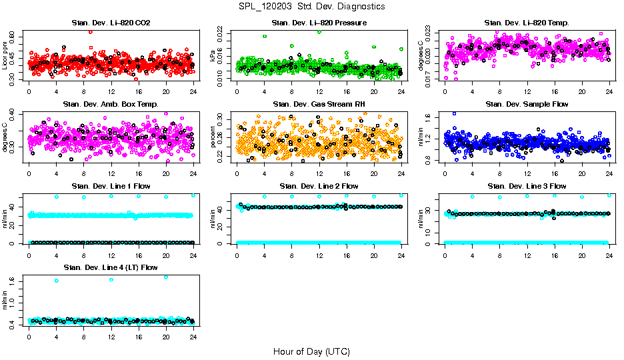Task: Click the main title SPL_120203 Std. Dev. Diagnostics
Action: pos(311,6)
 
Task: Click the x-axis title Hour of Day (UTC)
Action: pos(311,351)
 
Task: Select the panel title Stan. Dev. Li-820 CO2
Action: pos(111,23)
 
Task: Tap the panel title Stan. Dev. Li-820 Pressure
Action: pos(319,23)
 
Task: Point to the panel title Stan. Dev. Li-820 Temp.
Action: pos(527,23)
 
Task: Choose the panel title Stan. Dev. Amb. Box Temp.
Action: pos(111,105)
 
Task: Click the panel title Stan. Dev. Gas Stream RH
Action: pos(319,105)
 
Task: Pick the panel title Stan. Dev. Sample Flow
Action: pos(527,105)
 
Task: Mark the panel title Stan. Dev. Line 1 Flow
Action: pos(111,186)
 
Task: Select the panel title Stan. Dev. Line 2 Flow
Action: pos(319,186)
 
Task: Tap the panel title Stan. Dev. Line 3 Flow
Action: pos(527,186)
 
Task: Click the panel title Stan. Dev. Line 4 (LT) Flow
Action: pos(111,267)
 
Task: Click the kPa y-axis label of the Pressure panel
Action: pos(213,57)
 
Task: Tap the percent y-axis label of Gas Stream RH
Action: pos(213,137)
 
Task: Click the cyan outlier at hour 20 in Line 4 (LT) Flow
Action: pos(166,277)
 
